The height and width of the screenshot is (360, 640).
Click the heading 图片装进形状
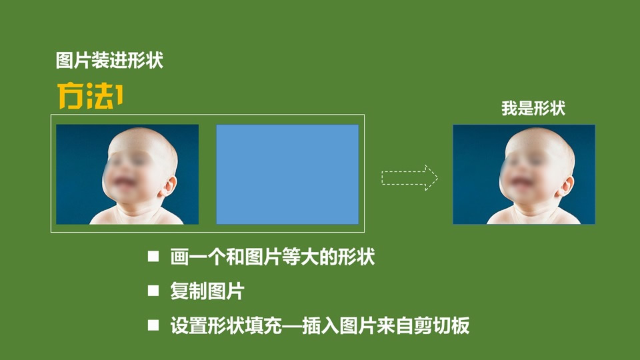[109, 61]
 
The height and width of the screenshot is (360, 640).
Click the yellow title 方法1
[90, 96]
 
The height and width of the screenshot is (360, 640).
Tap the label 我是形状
[533, 109]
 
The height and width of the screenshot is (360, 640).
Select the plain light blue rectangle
[287, 174]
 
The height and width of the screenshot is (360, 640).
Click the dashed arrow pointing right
[409, 178]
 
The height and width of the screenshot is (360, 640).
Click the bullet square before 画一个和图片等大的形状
[153, 256]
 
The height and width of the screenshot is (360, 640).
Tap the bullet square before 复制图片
[153, 291]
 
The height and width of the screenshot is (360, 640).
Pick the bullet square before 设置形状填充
[153, 325]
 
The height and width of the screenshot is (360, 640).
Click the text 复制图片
[207, 291]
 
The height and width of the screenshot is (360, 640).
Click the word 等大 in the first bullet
[300, 257]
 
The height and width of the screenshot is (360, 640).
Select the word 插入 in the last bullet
[320, 325]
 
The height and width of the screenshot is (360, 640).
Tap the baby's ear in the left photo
[169, 186]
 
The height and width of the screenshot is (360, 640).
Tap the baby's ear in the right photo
[566, 186]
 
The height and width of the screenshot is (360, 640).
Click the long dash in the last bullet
[292, 326]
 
